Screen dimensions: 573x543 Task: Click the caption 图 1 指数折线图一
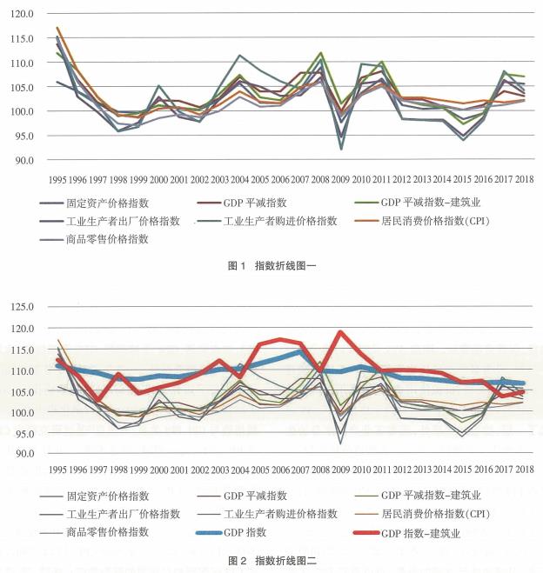point(272,265)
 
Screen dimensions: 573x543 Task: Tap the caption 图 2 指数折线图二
point(272,562)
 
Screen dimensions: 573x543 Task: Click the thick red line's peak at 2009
point(341,332)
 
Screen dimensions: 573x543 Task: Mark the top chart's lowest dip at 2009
point(341,149)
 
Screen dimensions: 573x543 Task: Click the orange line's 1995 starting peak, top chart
point(59,28)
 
